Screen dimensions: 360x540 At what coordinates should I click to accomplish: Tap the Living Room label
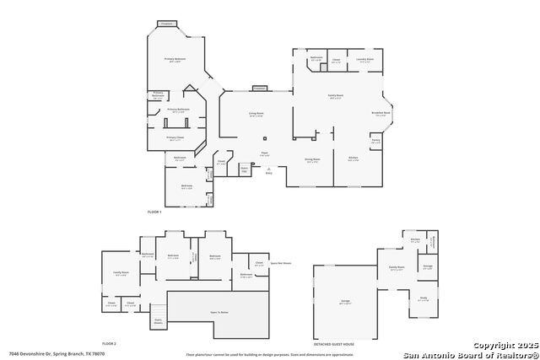coord(256,114)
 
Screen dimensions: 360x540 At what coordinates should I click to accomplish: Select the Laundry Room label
coord(364,60)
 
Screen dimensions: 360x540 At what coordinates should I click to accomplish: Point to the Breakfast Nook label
coord(381,113)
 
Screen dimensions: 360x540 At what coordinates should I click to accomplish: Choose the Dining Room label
coord(311,159)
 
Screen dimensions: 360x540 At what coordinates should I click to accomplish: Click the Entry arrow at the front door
coord(268,169)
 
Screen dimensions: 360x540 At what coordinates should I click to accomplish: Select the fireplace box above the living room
coord(259,88)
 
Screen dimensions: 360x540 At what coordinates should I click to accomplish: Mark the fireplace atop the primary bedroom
coord(168,24)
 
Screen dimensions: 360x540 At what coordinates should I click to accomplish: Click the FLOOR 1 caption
coord(154,211)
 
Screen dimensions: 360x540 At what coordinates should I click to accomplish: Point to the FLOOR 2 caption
coord(110,344)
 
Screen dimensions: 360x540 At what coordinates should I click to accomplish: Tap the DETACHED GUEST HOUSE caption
coord(333,344)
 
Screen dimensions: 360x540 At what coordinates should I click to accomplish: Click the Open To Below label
coord(219,310)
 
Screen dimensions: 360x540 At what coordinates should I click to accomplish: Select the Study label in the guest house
coord(424,298)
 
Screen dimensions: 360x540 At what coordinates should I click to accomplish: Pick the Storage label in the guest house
coord(428,266)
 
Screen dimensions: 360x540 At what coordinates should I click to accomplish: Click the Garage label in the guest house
coord(344,300)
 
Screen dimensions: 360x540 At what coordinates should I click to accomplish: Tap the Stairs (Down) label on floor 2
coord(158,320)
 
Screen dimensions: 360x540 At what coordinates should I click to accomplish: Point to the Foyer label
coord(264,154)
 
